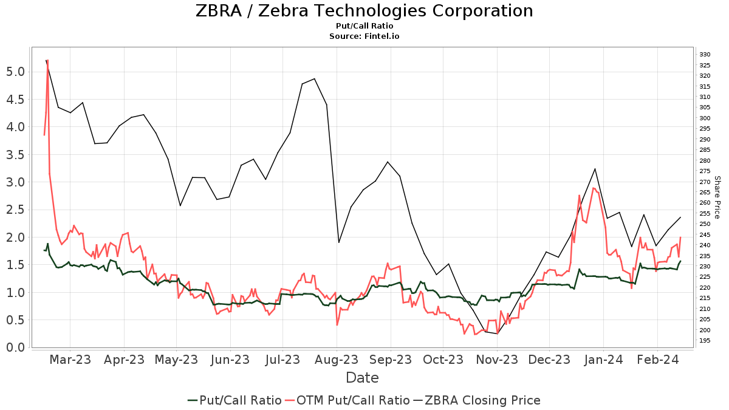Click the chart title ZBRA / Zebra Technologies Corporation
pos(364,11)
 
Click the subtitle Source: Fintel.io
pos(364,36)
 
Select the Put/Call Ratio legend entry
pos(234,400)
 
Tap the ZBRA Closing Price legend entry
pos(477,400)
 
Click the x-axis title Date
pos(362,378)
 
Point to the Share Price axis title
pos(717,197)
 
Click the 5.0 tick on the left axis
pos(16,72)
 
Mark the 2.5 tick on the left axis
pos(16,210)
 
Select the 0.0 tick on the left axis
pos(16,347)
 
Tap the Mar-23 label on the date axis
pos(70,360)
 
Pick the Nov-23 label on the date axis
pos(496,360)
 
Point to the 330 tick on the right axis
pos(705,55)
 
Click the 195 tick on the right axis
pos(705,341)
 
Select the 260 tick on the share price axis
pos(705,203)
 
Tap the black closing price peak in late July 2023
pos(314,78)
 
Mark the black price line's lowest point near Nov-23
pos(497,333)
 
